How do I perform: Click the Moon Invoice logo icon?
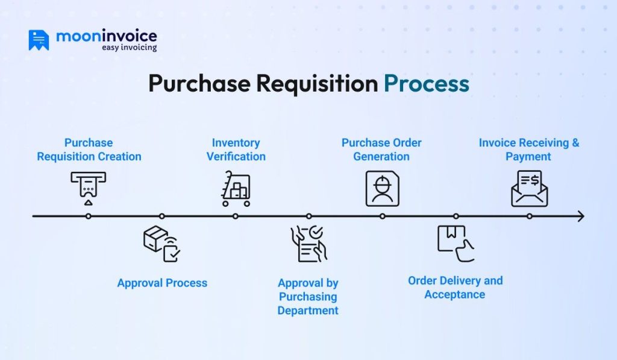coord(39,40)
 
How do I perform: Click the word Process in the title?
coord(427,84)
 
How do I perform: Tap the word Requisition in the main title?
coord(317,84)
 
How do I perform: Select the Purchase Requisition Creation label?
coord(89,150)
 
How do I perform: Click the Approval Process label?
coord(162,283)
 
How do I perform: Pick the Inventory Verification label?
coord(236,150)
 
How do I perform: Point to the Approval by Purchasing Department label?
coord(308,297)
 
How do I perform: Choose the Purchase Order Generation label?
coord(381,150)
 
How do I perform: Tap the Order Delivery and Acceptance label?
coord(455,288)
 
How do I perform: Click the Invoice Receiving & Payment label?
coord(528,150)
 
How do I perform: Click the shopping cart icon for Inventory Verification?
coord(236,189)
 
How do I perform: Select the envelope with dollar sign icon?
coord(529,189)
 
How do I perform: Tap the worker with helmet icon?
coord(382,189)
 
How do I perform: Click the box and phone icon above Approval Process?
coord(162,244)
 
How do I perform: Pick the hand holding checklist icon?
coord(308,244)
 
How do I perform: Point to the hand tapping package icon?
coord(455,244)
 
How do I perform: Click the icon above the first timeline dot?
coord(88,188)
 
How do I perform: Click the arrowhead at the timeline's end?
coord(581,216)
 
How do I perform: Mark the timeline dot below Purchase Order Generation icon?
coord(382,216)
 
